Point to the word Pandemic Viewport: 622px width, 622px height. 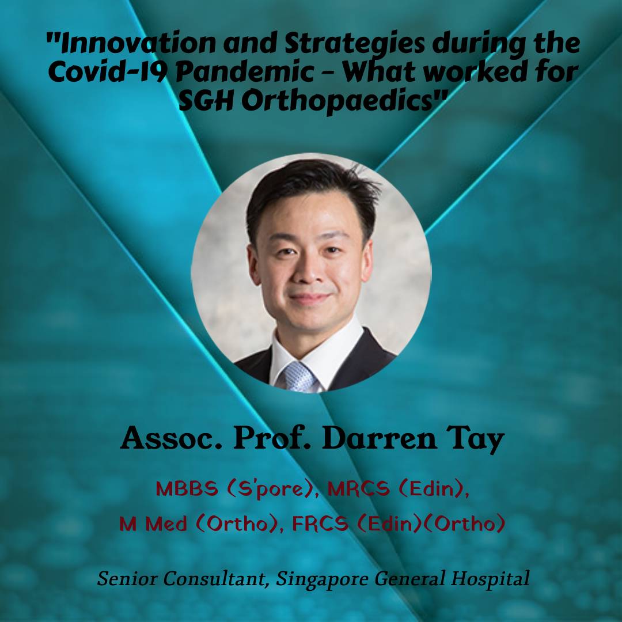[245, 72]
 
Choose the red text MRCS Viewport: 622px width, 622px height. [359, 489]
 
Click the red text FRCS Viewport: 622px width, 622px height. [320, 524]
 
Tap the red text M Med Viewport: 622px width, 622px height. [153, 524]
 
